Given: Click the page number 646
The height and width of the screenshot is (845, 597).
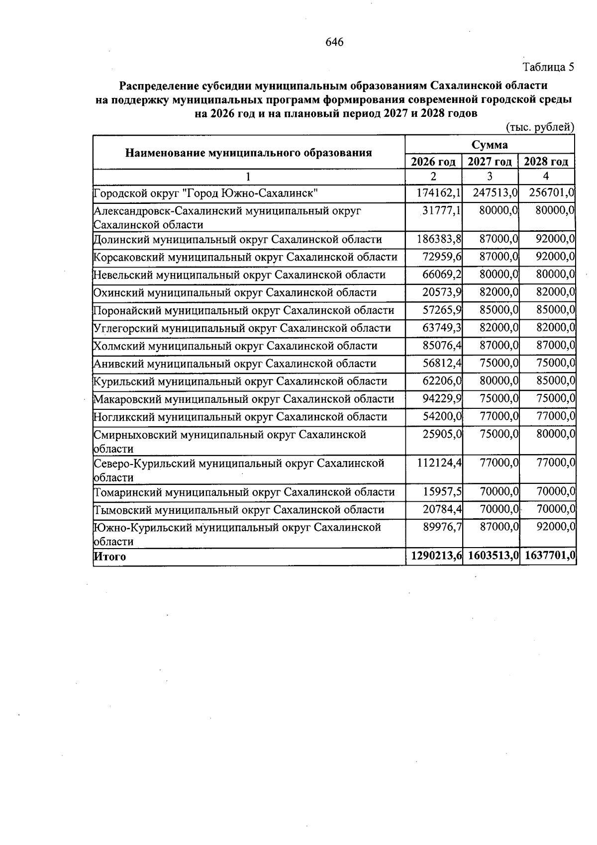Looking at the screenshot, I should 334,42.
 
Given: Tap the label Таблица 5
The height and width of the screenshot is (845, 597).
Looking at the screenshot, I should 548,67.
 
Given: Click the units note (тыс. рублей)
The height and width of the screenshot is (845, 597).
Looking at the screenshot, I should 540,127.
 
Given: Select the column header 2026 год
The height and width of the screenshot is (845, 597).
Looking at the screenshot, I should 433,162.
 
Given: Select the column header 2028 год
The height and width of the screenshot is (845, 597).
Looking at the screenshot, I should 546,162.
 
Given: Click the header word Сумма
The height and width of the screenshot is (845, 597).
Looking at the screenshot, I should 490,145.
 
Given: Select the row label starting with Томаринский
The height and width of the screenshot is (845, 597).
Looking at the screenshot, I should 244,492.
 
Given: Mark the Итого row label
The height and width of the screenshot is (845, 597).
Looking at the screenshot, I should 110,557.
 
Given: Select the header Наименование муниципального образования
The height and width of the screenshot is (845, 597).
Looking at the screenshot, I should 248,153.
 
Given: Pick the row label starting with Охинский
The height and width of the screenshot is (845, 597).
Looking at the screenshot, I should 235,293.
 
